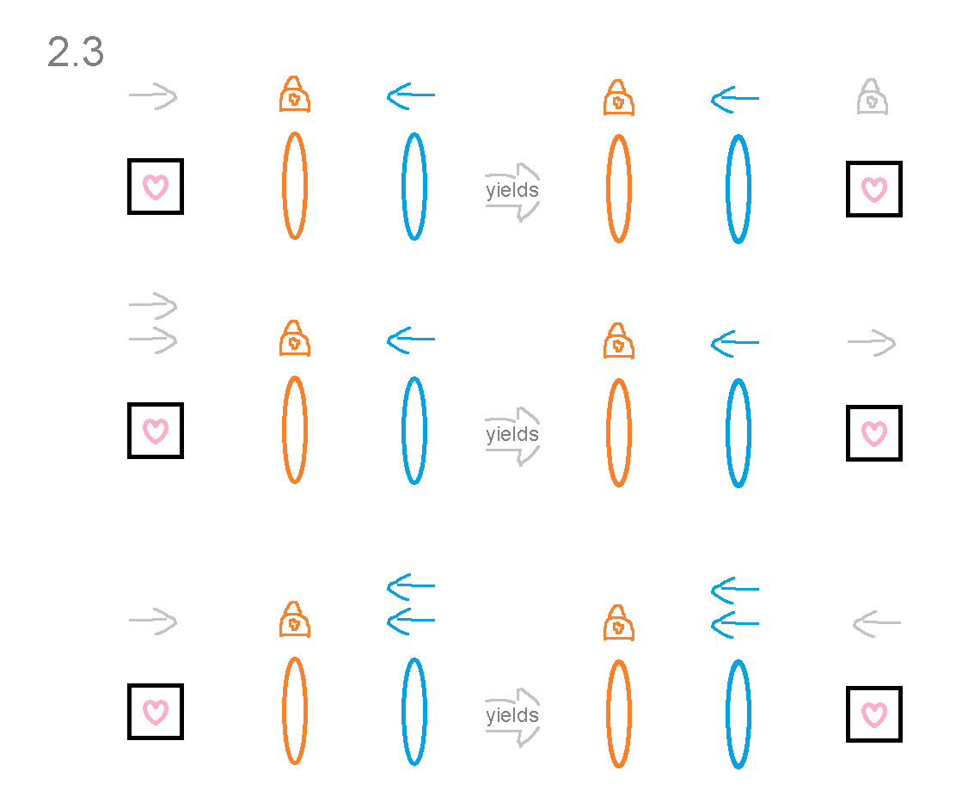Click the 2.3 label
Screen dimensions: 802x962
coord(76,53)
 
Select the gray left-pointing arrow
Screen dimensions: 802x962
coord(876,623)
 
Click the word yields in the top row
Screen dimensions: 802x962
coord(512,190)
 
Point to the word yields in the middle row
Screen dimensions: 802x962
coord(512,434)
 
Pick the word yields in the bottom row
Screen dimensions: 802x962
coord(512,715)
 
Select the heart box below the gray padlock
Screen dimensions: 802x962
coord(874,189)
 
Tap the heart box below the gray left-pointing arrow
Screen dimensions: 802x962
coord(874,714)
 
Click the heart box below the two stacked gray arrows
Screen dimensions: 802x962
coord(156,431)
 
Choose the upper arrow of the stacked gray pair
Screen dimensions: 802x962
coord(153,305)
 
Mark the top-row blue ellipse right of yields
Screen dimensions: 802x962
coord(738,189)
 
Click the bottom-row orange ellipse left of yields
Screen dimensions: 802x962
coord(294,711)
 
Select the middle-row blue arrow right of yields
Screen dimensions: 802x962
coord(735,343)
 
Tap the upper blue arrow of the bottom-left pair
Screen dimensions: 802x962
coord(411,587)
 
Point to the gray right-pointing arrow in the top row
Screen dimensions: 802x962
coord(153,97)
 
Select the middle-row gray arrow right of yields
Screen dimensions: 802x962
coord(872,344)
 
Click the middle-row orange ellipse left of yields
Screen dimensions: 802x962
coord(294,429)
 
